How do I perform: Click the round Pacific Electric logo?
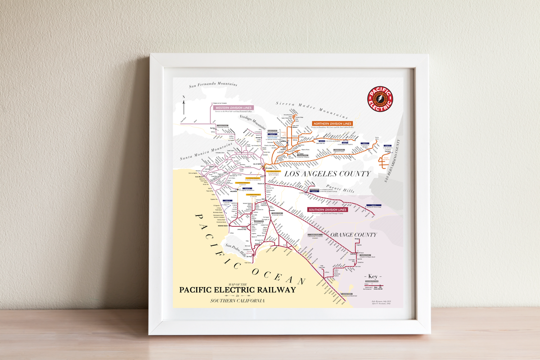pos(380,99)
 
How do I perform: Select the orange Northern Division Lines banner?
pos(333,123)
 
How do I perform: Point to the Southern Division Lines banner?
pos(328,210)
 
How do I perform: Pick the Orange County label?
pos(354,235)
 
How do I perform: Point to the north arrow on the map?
pos(184,105)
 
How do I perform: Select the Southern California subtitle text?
pos(237,301)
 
